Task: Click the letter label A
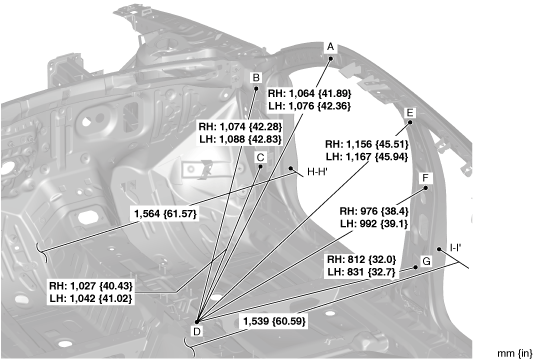click(330, 47)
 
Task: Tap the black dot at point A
click(331, 58)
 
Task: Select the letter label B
click(256, 78)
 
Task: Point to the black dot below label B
click(256, 89)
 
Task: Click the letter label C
click(261, 158)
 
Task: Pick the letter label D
click(197, 331)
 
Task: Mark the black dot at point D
click(197, 321)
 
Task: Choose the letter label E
click(410, 113)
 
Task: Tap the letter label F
click(425, 178)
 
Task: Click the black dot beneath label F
click(426, 188)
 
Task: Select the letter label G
click(426, 261)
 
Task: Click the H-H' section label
click(317, 172)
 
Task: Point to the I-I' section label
click(455, 248)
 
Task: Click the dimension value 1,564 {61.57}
click(166, 214)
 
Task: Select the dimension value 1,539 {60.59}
click(274, 321)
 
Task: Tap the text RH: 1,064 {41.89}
click(309, 93)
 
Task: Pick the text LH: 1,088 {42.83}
click(240, 139)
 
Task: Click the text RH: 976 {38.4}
click(374, 211)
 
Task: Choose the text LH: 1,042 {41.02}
click(90, 298)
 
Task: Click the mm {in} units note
click(515, 353)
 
